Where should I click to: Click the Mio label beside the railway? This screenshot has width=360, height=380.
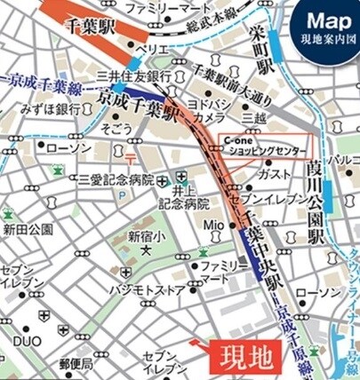click(215, 225)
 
